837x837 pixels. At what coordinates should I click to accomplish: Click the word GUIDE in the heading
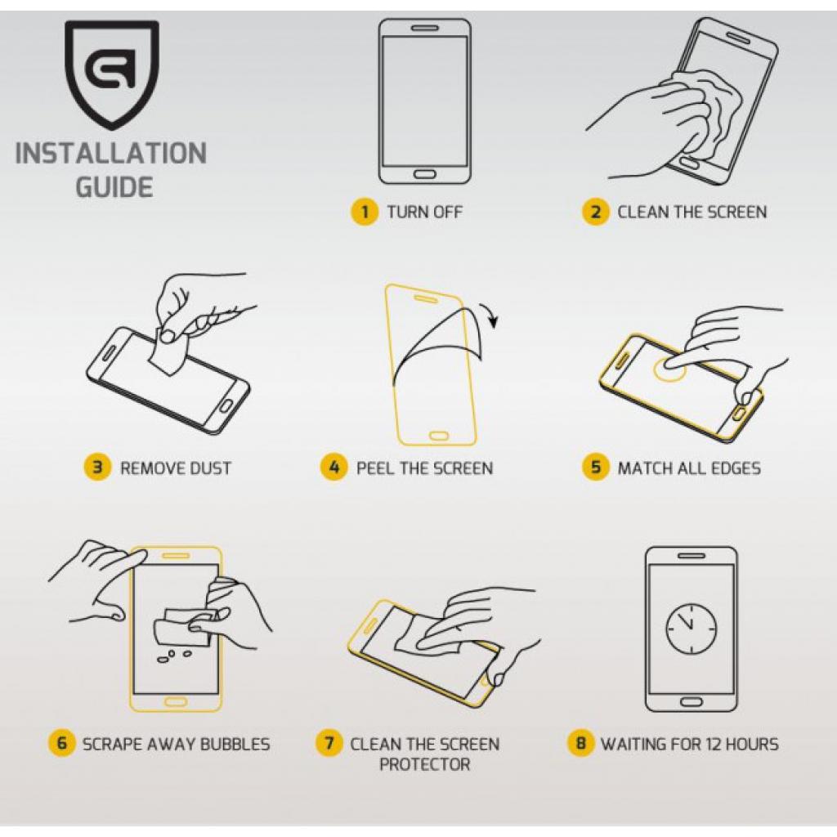114,187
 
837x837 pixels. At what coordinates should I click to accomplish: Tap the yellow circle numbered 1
364,212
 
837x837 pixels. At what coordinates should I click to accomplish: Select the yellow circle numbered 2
595,212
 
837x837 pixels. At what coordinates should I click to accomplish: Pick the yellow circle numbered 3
97,468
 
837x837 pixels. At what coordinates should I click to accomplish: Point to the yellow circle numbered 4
333,468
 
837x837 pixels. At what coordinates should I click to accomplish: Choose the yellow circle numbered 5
595,468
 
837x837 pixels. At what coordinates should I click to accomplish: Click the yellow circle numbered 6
61,744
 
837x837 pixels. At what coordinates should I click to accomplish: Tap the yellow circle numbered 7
329,744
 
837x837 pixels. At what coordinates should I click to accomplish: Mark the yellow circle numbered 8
580,744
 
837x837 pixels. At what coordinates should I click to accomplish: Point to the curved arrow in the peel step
489,316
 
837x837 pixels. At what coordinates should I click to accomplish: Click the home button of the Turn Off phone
424,173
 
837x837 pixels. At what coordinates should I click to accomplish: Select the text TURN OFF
424,212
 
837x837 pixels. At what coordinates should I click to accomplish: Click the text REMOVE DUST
176,468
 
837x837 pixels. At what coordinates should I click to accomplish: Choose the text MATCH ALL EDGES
689,468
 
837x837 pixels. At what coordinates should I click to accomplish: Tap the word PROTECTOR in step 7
424,765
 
